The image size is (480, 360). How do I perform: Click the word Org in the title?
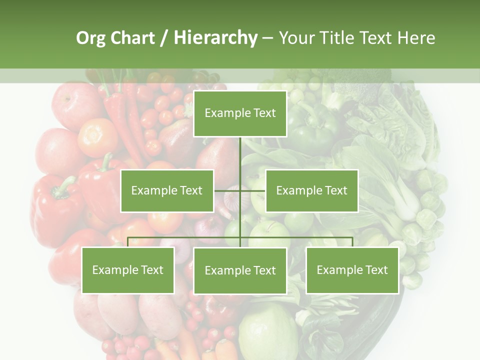pos(90,38)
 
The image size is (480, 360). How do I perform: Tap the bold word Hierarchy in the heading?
pos(215,38)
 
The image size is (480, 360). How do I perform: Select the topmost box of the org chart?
pos(240,113)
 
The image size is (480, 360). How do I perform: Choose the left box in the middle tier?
pos(167,190)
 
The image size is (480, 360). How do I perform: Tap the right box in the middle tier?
pos(311,190)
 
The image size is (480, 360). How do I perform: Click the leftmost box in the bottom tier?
pos(128,270)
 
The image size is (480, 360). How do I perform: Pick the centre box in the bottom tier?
pos(240,270)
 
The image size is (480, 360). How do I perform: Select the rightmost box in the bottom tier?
pos(352,270)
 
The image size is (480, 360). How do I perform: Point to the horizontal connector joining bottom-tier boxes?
pos(185,238)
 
